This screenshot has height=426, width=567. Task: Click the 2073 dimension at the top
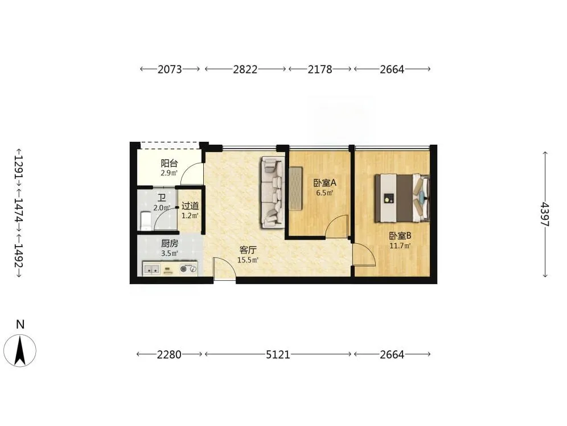tap(170, 69)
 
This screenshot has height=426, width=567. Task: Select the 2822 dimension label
tap(245, 69)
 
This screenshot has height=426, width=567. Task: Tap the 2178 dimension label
tap(320, 69)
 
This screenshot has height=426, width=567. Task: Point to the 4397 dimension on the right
tap(545, 215)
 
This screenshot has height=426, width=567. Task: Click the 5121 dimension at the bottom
tap(278, 354)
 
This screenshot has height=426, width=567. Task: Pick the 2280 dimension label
tap(169, 354)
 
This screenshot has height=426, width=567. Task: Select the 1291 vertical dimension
tap(19, 167)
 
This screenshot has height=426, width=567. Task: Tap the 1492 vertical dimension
tap(19, 256)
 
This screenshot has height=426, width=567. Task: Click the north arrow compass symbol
tap(20, 350)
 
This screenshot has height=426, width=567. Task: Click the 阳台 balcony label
tap(169, 163)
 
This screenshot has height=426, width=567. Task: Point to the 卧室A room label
tap(324, 183)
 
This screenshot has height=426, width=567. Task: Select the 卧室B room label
tap(400, 236)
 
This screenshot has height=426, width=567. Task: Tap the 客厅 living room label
tap(248, 250)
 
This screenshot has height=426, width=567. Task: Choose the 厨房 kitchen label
tap(170, 243)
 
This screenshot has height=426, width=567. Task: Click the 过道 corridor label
tap(190, 206)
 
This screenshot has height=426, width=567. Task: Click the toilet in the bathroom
tap(145, 221)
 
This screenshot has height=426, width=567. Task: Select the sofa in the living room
tap(273, 192)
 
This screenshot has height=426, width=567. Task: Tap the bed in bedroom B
tap(402, 198)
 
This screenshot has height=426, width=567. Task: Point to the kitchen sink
tap(152, 269)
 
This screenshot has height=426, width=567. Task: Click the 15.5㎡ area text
tap(248, 260)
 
